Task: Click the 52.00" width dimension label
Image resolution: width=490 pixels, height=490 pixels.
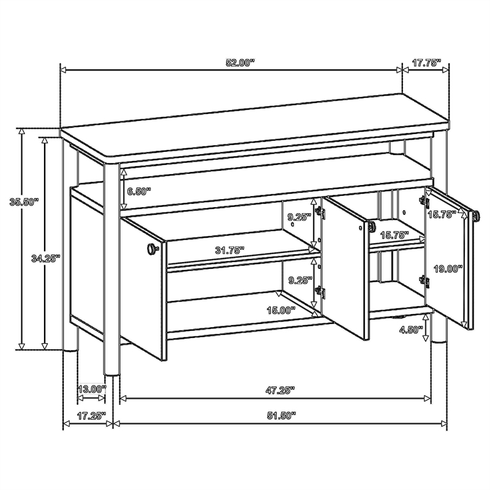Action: [240, 63]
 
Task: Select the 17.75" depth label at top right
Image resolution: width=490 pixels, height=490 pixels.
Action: [426, 63]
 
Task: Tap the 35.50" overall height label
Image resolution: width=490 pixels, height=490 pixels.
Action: [24, 202]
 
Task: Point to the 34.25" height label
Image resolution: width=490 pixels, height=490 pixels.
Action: [45, 258]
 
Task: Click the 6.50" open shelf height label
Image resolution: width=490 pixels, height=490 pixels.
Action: [139, 192]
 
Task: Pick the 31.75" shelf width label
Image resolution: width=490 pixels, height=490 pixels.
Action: [230, 251]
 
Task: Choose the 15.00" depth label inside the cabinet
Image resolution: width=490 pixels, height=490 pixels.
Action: [281, 311]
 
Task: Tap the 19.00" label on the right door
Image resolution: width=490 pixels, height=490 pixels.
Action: [448, 268]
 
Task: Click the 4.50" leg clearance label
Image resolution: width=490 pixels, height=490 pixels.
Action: [410, 330]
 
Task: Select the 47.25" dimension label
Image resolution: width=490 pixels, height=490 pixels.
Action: [281, 390]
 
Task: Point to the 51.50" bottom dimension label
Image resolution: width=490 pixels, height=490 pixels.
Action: [281, 415]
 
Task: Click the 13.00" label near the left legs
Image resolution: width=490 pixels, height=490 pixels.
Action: [92, 390]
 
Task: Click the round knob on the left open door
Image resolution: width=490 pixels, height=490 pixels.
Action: [152, 249]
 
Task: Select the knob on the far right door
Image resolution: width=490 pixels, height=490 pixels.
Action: [477, 216]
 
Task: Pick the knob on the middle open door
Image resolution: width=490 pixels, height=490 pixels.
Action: [372, 226]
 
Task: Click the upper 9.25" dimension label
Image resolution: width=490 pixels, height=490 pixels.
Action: [300, 217]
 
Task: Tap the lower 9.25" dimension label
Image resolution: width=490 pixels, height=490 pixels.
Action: [300, 281]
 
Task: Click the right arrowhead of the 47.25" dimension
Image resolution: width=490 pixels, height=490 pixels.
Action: [428, 399]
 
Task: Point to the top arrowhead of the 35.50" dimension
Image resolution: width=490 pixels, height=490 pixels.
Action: [21, 132]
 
